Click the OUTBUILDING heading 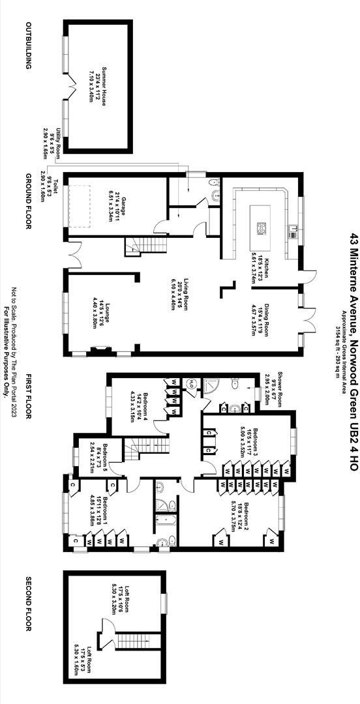coord(29,46)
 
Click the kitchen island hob coord(262,228)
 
